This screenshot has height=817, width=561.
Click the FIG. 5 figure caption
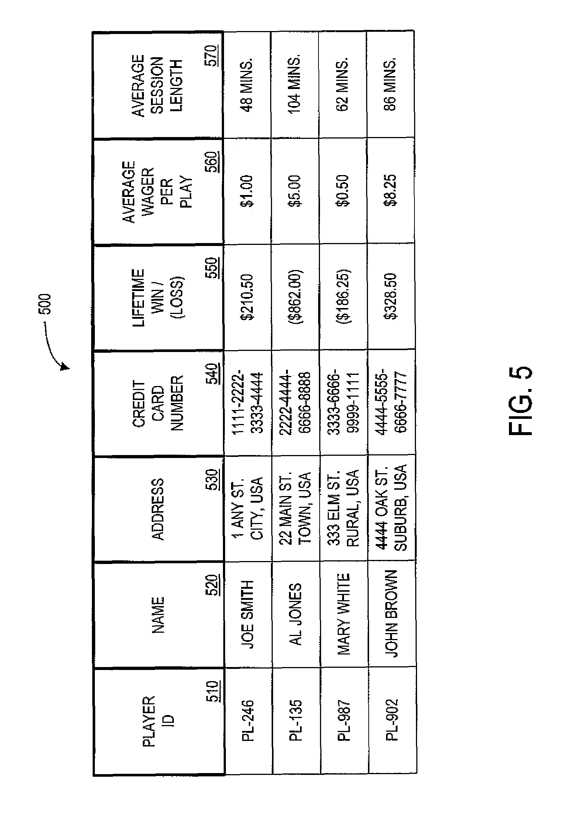(x=520, y=401)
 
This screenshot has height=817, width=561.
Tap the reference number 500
(x=46, y=304)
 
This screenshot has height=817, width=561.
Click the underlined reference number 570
(x=212, y=55)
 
